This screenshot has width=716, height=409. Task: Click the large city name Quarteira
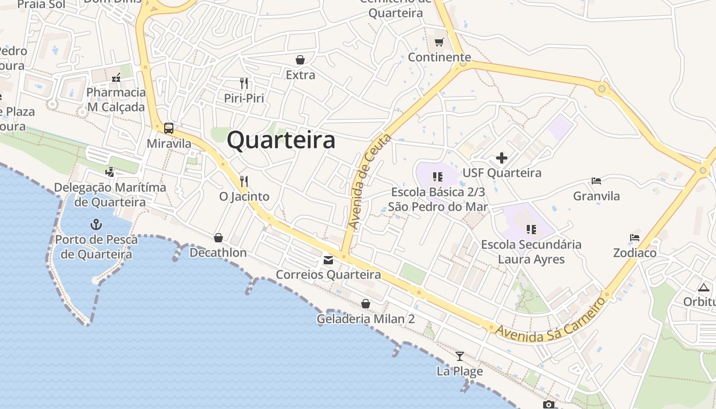click(x=281, y=140)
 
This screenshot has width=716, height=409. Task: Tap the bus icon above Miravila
click(x=169, y=128)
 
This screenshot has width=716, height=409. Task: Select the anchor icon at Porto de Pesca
click(x=96, y=224)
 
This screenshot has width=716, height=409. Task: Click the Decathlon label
click(x=218, y=253)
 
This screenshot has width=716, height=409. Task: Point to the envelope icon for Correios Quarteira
click(x=328, y=260)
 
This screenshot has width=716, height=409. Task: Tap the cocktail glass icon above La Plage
click(x=460, y=356)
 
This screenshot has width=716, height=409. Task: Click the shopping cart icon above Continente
click(x=439, y=42)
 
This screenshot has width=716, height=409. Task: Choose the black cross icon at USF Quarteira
click(x=502, y=158)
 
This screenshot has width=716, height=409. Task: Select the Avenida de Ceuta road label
click(x=369, y=181)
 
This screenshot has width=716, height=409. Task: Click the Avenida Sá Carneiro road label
click(x=550, y=321)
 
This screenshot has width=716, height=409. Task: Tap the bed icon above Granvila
click(x=596, y=180)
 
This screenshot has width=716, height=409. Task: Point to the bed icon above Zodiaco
click(x=635, y=238)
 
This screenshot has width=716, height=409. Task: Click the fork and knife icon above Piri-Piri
click(x=244, y=83)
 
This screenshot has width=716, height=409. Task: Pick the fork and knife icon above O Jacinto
click(x=244, y=181)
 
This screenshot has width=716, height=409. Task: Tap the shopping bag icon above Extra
click(x=300, y=60)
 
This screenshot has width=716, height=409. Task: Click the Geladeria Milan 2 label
click(x=366, y=319)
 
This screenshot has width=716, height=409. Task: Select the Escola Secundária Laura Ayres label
click(x=531, y=252)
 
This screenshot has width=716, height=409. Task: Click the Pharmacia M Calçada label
click(x=116, y=100)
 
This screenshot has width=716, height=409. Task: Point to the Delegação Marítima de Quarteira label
click(x=110, y=195)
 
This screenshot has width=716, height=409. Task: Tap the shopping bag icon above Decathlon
click(x=218, y=238)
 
